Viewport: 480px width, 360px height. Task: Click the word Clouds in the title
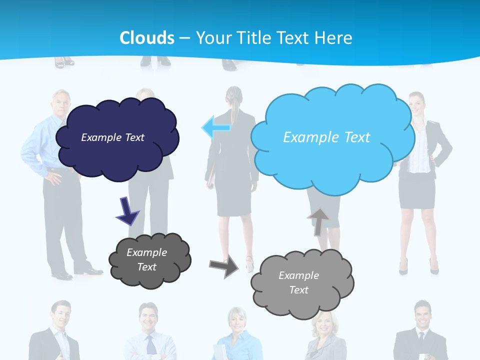coord(147,38)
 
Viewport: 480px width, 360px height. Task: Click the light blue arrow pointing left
coord(216,127)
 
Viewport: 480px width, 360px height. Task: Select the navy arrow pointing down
coord(127,211)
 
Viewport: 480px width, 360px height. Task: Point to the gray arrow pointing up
coord(318,221)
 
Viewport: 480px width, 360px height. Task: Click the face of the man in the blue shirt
coord(61,102)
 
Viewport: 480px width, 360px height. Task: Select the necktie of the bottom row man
coord(150,345)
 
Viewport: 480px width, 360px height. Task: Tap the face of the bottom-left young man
coord(61,315)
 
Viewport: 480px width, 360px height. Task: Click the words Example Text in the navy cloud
coord(112,137)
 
